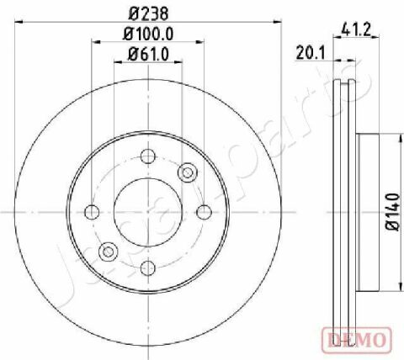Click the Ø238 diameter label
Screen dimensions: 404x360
pos(148,13)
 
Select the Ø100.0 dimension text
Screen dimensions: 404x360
pos(148,34)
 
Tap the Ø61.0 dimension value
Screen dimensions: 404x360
pos(148,54)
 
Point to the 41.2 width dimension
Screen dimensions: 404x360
pos(356,29)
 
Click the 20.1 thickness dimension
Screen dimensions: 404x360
pos(310,53)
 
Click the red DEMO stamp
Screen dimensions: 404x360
pos(357,340)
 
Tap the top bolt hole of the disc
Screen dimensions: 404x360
pos(148,156)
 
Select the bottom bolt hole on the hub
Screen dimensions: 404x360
pos(148,268)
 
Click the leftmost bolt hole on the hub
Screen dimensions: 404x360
pos(92,212)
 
